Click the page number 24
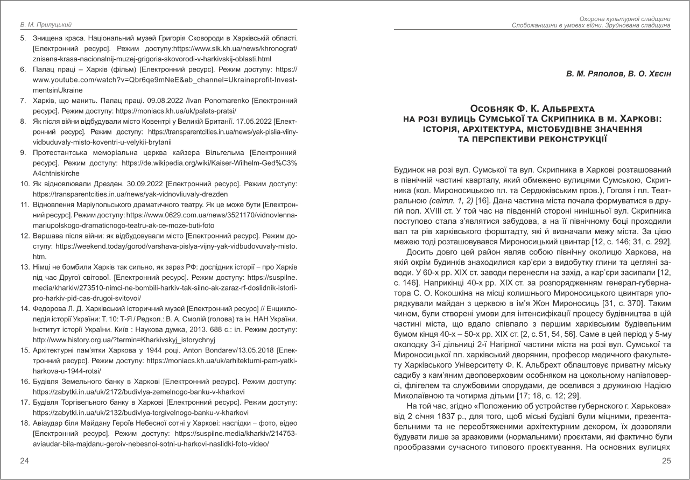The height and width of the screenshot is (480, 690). [x=24, y=461]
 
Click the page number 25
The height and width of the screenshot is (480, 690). [x=666, y=461]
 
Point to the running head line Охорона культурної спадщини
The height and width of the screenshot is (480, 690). [x=624, y=19]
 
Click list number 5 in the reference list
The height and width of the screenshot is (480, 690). [x=23, y=39]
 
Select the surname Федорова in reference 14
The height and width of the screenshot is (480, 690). [x=49, y=309]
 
